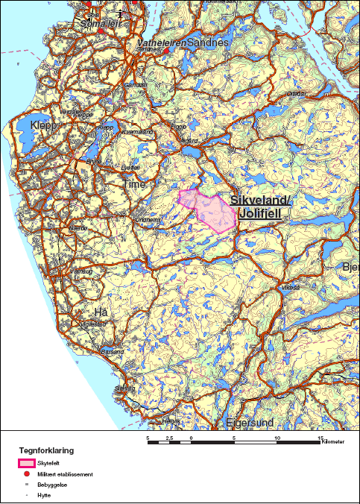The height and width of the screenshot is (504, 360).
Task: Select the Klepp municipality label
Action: (43, 125)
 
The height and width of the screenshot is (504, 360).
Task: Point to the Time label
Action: (135, 183)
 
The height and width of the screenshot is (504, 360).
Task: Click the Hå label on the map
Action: (101, 311)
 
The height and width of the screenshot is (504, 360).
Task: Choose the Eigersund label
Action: (249, 423)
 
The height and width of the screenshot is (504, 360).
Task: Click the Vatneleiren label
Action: (160, 44)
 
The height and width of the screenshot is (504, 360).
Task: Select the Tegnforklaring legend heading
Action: (46, 450)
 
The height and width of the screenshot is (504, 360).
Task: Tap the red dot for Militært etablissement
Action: (27, 474)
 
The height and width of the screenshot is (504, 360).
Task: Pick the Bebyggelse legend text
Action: (51, 485)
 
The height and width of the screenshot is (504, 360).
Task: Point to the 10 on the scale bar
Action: (277, 438)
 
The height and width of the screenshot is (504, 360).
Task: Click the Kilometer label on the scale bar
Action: (332, 442)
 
